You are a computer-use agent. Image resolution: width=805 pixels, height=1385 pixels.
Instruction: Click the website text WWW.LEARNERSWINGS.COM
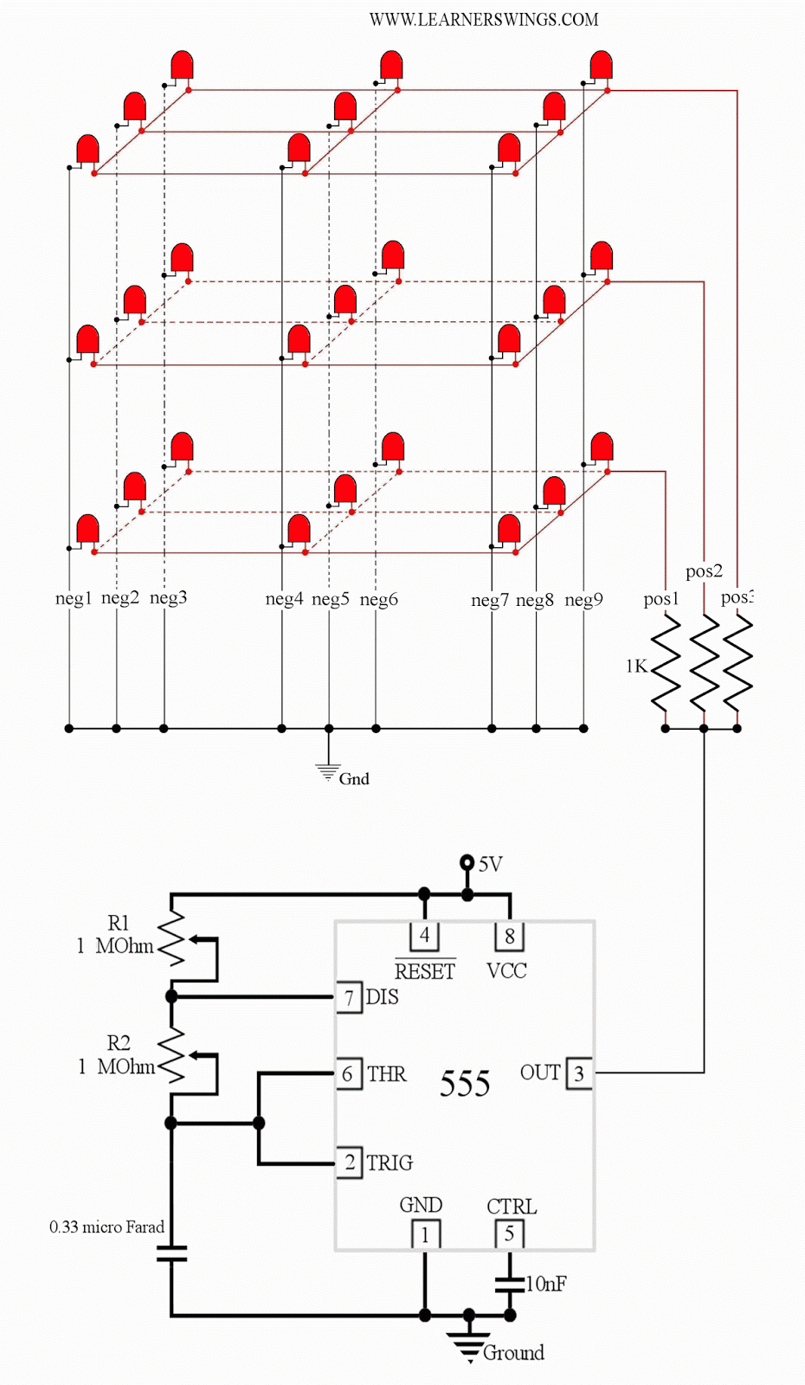[x=483, y=19]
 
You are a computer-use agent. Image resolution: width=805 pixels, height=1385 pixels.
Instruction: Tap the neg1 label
[x=73, y=598]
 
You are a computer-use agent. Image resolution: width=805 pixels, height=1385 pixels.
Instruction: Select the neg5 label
[x=330, y=599]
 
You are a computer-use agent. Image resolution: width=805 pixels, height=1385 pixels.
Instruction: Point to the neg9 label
[x=583, y=599]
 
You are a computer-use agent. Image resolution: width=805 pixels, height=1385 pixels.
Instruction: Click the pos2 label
[x=703, y=571]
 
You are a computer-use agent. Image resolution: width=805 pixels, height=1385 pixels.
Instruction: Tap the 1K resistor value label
[x=635, y=666]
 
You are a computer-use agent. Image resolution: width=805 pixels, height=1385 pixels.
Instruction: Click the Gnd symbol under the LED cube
[x=328, y=771]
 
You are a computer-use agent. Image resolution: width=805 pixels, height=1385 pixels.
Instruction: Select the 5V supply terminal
[x=467, y=862]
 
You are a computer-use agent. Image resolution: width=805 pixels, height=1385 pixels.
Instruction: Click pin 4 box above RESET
[x=424, y=936]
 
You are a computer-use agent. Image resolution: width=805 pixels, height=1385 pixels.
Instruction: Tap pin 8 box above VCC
[x=509, y=936]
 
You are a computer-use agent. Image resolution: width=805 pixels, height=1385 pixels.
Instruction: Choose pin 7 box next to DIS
[x=349, y=998]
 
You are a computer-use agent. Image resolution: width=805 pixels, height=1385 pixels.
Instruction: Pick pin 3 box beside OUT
[x=579, y=1074]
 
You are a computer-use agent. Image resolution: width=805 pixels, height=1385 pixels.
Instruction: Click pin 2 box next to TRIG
[x=349, y=1163]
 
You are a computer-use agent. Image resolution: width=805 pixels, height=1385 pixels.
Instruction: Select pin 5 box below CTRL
[x=509, y=1234]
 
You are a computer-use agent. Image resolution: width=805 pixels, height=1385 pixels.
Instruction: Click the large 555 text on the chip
[x=465, y=1084]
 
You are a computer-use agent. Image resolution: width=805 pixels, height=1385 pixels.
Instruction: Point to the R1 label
[x=119, y=923]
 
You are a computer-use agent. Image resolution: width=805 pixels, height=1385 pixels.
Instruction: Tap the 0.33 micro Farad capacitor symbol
[x=171, y=1253]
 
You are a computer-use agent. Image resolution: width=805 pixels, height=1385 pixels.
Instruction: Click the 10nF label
[x=546, y=1284]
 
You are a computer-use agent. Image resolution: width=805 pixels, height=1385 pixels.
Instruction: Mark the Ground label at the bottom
[x=513, y=1353]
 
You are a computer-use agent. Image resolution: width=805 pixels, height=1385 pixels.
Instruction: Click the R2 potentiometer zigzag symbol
[x=172, y=1055]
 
